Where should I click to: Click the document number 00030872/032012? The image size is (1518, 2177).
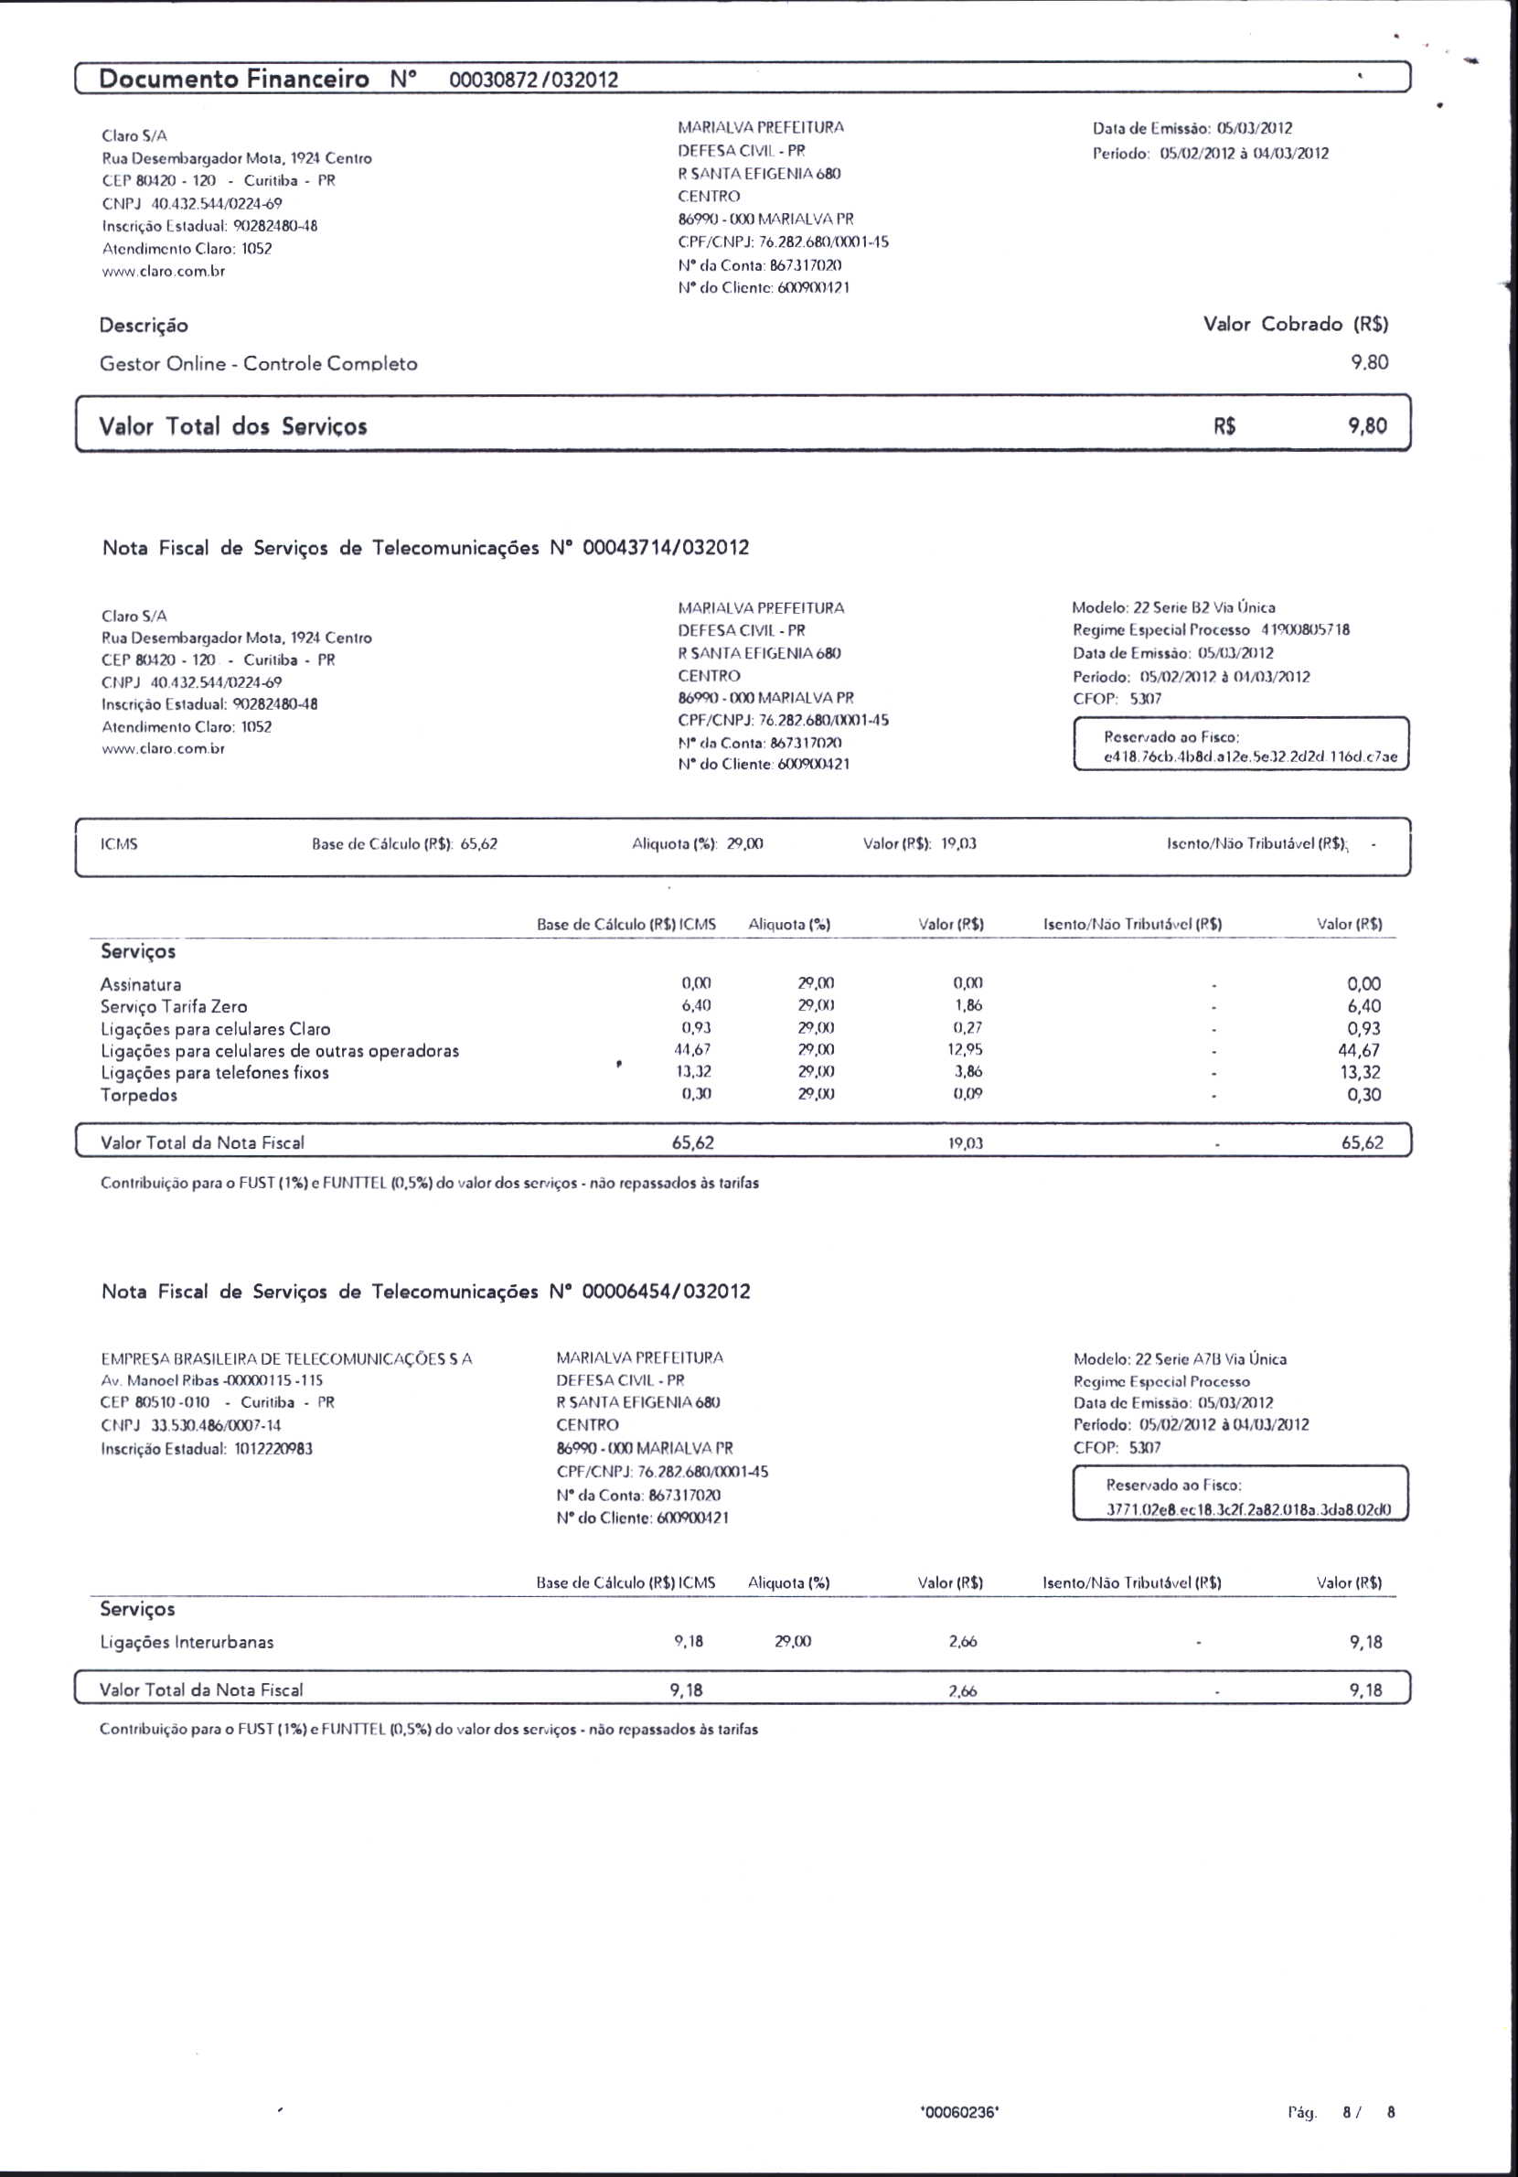533,80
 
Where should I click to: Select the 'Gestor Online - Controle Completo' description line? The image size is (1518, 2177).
258,363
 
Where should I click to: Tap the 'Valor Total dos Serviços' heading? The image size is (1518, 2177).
232,426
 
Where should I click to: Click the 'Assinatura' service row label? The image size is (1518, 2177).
140,984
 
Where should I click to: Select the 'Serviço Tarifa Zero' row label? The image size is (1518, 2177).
174,1006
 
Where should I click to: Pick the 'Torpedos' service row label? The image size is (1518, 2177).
138,1095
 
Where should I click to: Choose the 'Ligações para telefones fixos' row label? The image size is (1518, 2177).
215,1072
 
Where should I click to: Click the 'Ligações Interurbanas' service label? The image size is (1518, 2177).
187,1642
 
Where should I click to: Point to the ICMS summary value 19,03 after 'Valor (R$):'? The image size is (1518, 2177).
958,844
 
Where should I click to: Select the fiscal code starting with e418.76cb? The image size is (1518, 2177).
1250,757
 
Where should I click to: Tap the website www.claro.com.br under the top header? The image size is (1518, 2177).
163,271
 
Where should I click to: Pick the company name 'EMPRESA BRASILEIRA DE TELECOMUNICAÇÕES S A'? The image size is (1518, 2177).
286,1358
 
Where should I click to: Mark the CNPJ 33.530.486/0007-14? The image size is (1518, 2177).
190,1425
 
